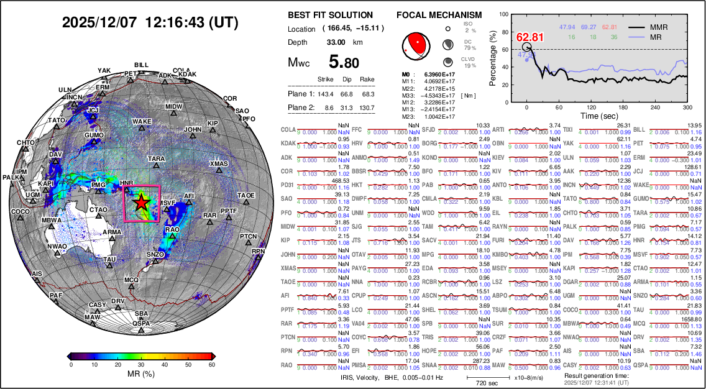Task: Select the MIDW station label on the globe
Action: pos(174,107)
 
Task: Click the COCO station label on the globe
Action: pos(21,212)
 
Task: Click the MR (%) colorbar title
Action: pos(142,375)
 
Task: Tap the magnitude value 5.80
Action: pos(344,62)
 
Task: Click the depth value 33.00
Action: pos(336,42)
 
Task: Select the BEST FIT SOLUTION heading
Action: pos(331,15)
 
